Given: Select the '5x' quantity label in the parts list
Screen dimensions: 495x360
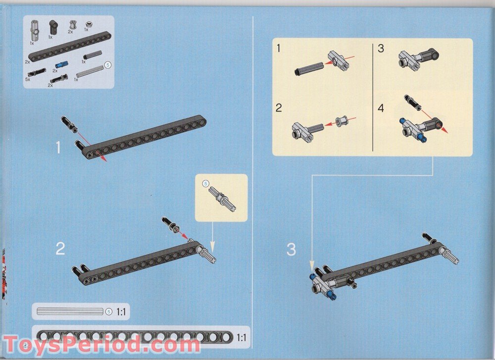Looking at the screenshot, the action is click(27, 80).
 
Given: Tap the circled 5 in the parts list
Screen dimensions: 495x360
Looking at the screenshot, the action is click(107, 65).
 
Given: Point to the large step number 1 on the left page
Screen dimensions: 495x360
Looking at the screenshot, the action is click(58, 148).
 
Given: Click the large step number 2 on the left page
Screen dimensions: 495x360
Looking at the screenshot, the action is click(60, 249).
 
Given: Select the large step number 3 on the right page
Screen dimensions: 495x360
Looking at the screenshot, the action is click(292, 249).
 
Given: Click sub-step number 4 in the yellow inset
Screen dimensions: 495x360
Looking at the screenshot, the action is click(381, 108).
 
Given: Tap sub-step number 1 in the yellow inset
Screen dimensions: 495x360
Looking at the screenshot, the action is click(278, 49).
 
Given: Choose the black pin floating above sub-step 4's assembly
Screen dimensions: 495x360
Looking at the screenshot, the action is click(412, 103).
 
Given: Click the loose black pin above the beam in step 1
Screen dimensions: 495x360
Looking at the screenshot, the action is click(69, 124).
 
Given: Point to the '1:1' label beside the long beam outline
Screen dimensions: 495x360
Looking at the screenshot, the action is click(241, 338).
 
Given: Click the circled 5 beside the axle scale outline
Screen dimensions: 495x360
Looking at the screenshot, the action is click(109, 311).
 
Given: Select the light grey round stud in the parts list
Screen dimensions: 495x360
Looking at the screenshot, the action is click(89, 24).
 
